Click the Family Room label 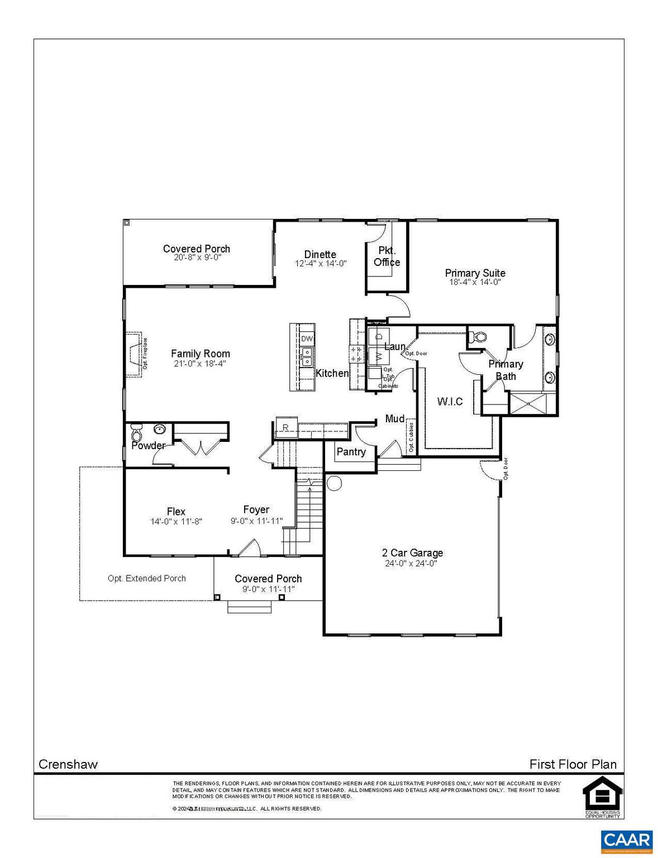coord(200,354)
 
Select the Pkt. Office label coord(387,256)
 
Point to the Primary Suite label coord(475,273)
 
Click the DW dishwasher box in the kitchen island coord(307,339)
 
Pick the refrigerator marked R coord(285,428)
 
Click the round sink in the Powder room coord(159,430)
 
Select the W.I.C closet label coord(450,402)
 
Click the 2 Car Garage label coord(412,553)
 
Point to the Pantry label coord(351,452)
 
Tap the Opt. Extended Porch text coord(146,579)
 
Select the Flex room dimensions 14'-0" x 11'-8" coord(176,522)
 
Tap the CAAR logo coord(626,840)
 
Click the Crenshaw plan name coord(68,764)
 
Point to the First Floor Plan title coord(573,764)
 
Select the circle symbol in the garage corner coord(334,483)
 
